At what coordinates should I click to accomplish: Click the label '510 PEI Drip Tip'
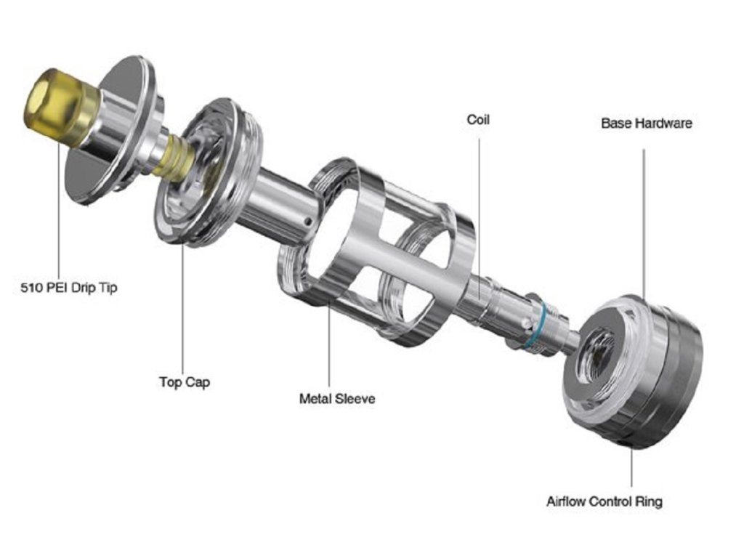point(69,288)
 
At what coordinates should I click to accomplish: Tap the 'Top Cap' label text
point(185,381)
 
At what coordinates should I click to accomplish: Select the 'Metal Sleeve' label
point(337,399)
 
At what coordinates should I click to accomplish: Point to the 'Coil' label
point(478,119)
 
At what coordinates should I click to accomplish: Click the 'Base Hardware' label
point(646,124)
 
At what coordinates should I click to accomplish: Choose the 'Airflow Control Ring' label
point(604,501)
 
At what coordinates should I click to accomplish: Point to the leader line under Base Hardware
point(643,218)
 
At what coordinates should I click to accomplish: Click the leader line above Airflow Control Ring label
point(631,469)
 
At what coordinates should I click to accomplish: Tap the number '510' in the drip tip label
point(32,288)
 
